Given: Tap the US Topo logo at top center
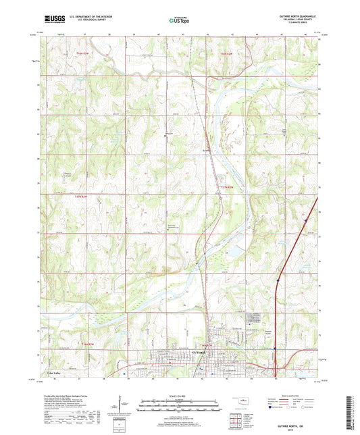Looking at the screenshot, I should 179,21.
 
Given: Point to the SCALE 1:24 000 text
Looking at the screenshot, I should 179,396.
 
